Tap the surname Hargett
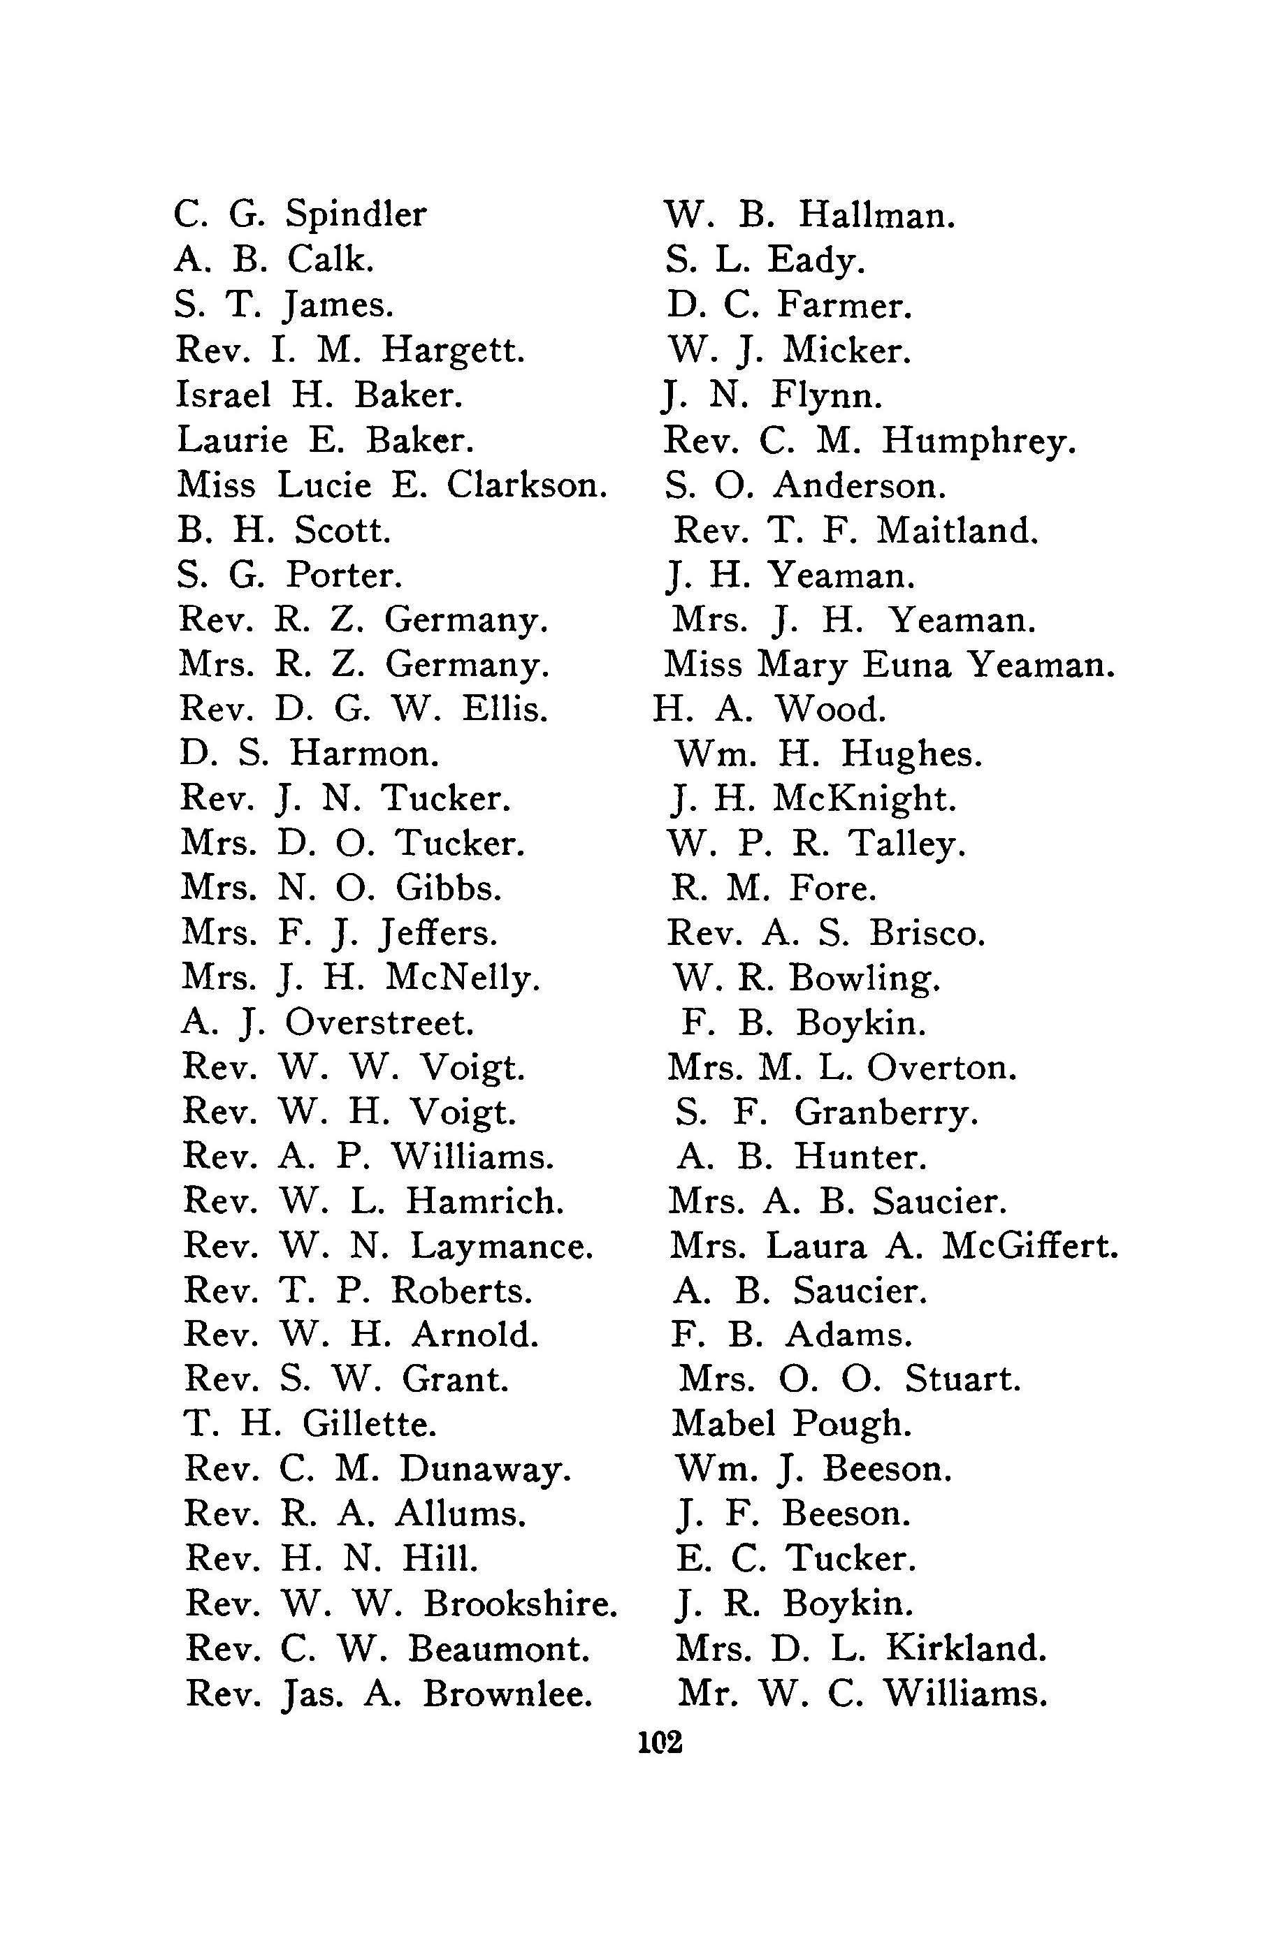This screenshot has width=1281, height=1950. [452, 351]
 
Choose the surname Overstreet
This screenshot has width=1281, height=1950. [379, 1022]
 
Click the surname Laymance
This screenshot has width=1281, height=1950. [501, 1246]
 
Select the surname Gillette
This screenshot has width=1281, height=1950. [369, 1424]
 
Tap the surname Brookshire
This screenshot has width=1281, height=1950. [520, 1603]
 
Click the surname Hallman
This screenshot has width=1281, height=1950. [876, 216]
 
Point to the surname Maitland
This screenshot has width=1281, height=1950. [957, 530]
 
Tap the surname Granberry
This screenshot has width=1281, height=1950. [886, 1113]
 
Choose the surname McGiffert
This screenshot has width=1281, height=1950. [1029, 1246]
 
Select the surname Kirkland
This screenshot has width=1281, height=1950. [965, 1648]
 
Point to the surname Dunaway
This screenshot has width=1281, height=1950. [484, 1469]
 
